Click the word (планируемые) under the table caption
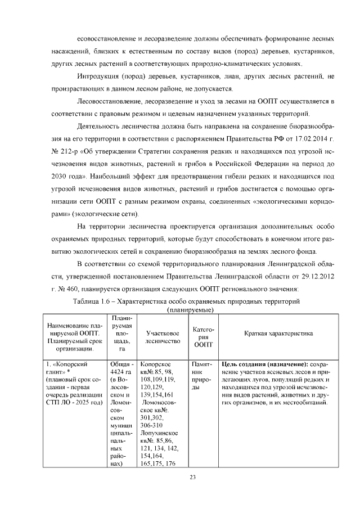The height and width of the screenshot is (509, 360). pos(192,310)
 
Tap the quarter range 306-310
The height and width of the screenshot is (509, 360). pos(152,425)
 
